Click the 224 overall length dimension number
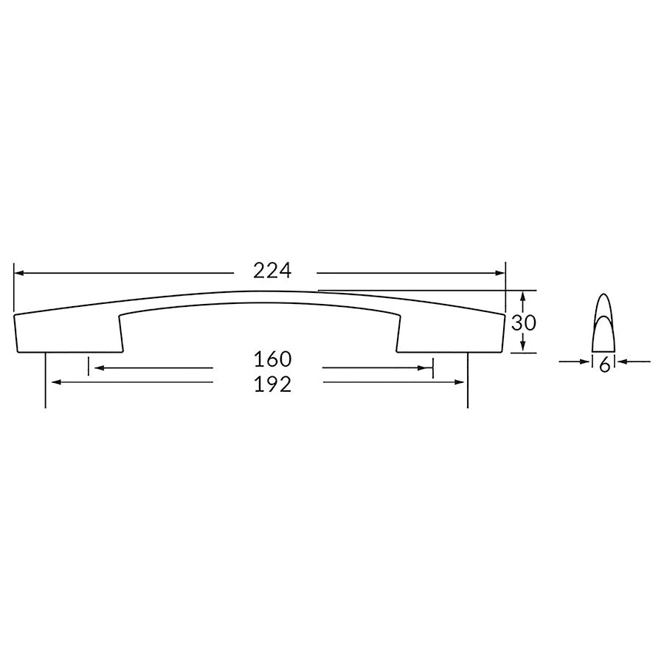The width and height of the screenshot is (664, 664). click(273, 271)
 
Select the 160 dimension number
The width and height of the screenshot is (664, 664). click(273, 359)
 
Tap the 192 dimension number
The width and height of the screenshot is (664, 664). click(273, 384)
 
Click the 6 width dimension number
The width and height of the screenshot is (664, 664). click(604, 364)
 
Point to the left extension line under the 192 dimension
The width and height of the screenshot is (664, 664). click(46, 391)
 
